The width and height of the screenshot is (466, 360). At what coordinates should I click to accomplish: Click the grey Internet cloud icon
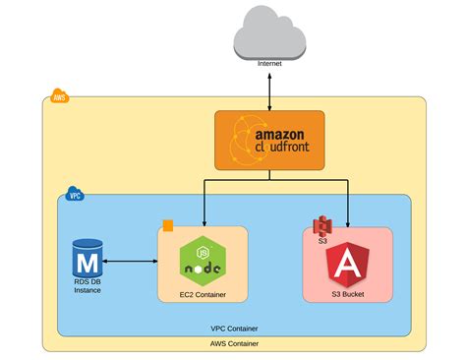[269, 35]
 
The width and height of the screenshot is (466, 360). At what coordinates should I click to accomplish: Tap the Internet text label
[269, 64]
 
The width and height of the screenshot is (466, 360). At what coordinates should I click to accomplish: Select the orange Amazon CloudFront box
[268, 141]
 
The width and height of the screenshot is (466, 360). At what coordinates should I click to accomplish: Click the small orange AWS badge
[59, 98]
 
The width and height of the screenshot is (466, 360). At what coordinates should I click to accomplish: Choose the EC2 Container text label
[203, 294]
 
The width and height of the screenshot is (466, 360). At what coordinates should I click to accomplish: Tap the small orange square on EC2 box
[167, 225]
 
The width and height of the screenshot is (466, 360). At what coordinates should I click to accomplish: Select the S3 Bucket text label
[347, 294]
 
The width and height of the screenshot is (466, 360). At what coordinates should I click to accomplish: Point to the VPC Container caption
[234, 329]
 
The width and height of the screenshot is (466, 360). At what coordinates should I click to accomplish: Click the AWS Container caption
[234, 343]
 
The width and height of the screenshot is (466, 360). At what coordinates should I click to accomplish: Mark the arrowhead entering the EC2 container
[203, 222]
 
